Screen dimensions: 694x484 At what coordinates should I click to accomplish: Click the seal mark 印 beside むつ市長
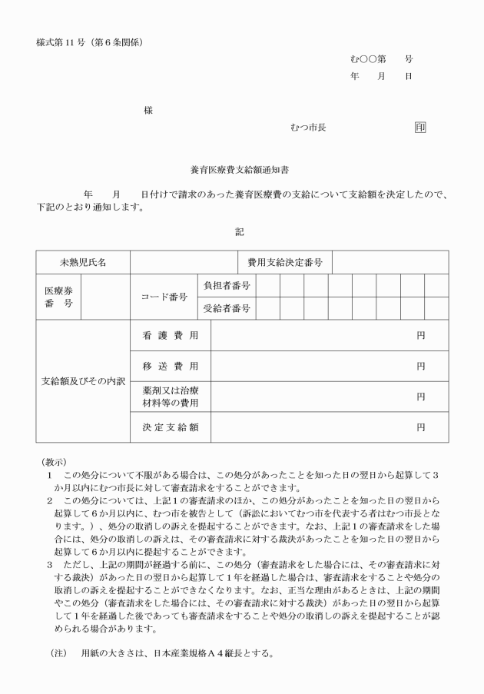tap(419, 127)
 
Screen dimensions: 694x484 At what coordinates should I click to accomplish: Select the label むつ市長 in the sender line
tap(308, 127)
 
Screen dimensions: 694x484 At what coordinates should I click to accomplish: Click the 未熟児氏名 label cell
tap(83, 262)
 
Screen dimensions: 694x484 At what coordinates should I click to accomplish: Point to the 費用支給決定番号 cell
tap(284, 262)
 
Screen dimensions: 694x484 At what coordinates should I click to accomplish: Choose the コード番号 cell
tap(164, 297)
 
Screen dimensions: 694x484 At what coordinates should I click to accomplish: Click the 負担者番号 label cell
tap(226, 285)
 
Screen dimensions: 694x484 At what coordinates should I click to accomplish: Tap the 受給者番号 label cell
tap(226, 308)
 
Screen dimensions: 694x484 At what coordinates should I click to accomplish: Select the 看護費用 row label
tap(170, 336)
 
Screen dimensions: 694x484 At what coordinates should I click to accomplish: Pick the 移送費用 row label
tap(170, 367)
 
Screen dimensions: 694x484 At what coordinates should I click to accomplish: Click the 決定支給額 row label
tap(170, 427)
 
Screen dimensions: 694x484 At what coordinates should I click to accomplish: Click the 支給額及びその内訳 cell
tap(83, 381)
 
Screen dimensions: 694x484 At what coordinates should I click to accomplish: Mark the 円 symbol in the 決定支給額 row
tap(421, 427)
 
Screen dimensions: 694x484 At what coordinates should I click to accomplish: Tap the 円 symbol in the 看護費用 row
tap(421, 336)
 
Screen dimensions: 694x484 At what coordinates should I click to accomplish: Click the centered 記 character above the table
tap(240, 231)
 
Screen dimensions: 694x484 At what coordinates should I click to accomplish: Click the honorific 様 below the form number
tap(148, 111)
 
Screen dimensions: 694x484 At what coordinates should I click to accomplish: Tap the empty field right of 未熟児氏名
tap(183, 262)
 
